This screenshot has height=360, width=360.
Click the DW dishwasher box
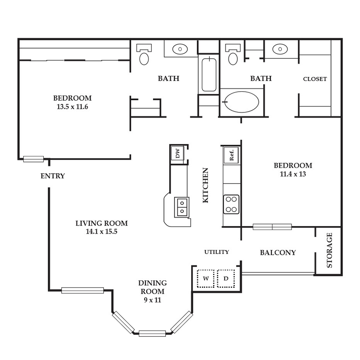[x=178, y=153]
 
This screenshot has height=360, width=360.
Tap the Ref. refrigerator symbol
[x=231, y=155]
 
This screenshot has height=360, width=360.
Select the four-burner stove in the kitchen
[x=231, y=204]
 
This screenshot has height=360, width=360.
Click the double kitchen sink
[x=182, y=207]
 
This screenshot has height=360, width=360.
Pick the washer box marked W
[x=206, y=278]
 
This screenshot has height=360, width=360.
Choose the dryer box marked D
[x=226, y=278]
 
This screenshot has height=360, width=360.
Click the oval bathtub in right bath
[x=242, y=102]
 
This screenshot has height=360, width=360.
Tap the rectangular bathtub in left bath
[x=209, y=75]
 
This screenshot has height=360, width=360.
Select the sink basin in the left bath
[x=180, y=49]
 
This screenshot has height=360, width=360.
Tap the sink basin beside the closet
[x=280, y=49]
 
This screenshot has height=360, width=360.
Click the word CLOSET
[x=315, y=79]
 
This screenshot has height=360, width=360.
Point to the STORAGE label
[x=330, y=250]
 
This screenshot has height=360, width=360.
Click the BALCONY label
[x=278, y=252]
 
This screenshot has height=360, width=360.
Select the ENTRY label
[x=52, y=176]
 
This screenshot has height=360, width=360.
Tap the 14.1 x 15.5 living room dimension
[x=102, y=232]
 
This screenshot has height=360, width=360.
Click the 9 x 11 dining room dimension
[x=152, y=300]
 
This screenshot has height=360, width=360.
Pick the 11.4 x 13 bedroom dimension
[x=293, y=174]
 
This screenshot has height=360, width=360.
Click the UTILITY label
[x=216, y=252]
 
